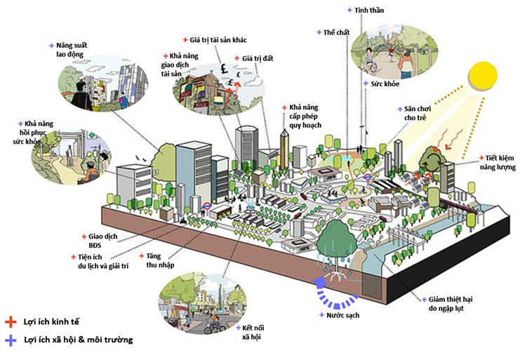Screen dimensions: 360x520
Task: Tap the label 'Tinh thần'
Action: click(370, 11)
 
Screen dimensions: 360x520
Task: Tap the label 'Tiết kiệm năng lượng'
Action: click(498, 163)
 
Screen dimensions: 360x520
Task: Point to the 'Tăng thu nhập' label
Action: click(160, 260)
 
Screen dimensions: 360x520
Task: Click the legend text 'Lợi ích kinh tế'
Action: click(52, 321)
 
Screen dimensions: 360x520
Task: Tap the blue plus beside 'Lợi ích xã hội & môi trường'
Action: click(10, 340)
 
